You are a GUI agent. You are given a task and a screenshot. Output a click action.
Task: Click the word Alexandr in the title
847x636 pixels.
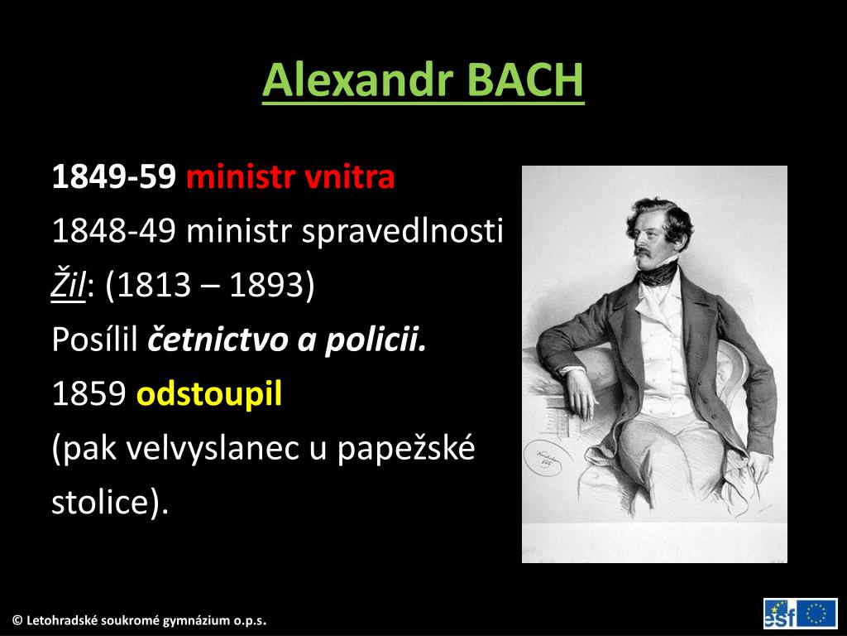358,80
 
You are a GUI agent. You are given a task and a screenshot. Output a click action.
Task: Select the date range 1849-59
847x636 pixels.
113,176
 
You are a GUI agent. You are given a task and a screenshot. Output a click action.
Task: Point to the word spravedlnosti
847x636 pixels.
402,232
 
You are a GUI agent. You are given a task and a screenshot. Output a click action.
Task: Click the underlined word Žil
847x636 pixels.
69,287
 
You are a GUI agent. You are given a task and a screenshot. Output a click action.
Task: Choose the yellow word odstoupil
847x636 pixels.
209,395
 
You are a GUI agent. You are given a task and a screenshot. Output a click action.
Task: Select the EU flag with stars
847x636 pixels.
817,613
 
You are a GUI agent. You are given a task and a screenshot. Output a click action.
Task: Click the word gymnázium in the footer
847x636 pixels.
194,620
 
